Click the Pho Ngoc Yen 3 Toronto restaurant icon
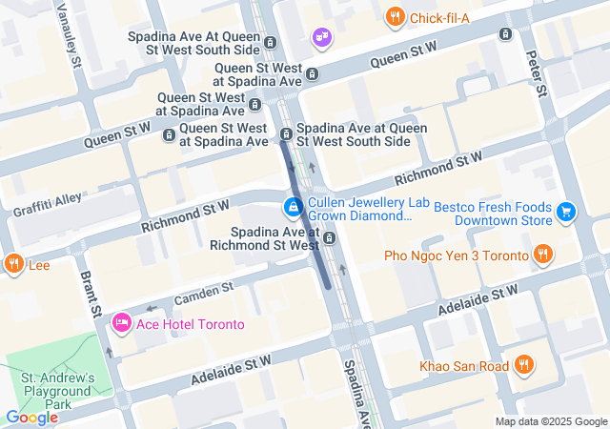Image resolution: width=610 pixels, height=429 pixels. (542, 255)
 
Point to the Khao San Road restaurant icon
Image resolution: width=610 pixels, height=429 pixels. (523, 365)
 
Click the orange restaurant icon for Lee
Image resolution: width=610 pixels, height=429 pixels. (13, 264)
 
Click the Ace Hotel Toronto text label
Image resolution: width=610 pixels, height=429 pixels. (190, 324)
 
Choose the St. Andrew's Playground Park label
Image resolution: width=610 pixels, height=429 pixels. (59, 391)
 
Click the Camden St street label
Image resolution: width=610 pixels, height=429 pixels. (203, 294)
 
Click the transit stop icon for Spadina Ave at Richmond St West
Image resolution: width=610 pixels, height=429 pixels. (329, 237)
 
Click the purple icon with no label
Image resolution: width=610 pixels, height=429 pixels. (321, 36)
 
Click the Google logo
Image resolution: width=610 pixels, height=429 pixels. (31, 418)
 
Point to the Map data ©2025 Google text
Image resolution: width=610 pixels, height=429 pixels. (551, 421)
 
